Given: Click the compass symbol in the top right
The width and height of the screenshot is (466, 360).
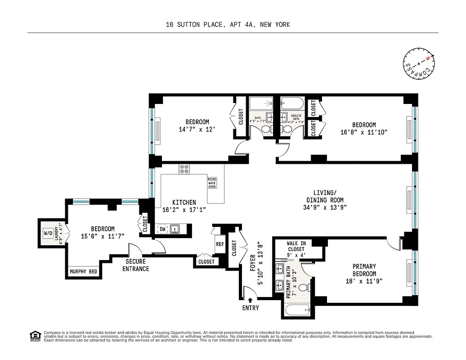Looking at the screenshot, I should pyautogui.click(x=419, y=63).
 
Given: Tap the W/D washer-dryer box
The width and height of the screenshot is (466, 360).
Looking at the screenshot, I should pyautogui.click(x=48, y=233).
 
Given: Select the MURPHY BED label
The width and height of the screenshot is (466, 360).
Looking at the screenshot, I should pyautogui.click(x=84, y=271).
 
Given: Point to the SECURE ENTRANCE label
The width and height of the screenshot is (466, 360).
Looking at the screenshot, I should pyautogui.click(x=137, y=265).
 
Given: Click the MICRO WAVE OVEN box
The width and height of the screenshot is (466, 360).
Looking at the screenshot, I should pyautogui.click(x=212, y=183).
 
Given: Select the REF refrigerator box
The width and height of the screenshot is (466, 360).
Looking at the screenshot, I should pyautogui.click(x=220, y=244).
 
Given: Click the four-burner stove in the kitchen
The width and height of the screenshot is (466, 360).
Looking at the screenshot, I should pyautogui.click(x=184, y=169).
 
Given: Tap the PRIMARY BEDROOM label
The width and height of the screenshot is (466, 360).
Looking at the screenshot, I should pyautogui.click(x=364, y=270).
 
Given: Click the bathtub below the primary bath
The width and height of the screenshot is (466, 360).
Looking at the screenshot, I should pyautogui.click(x=297, y=310).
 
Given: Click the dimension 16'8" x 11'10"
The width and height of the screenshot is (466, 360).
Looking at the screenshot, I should pyautogui.click(x=364, y=132).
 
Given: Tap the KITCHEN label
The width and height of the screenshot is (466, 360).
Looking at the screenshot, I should pyautogui.click(x=184, y=202).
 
